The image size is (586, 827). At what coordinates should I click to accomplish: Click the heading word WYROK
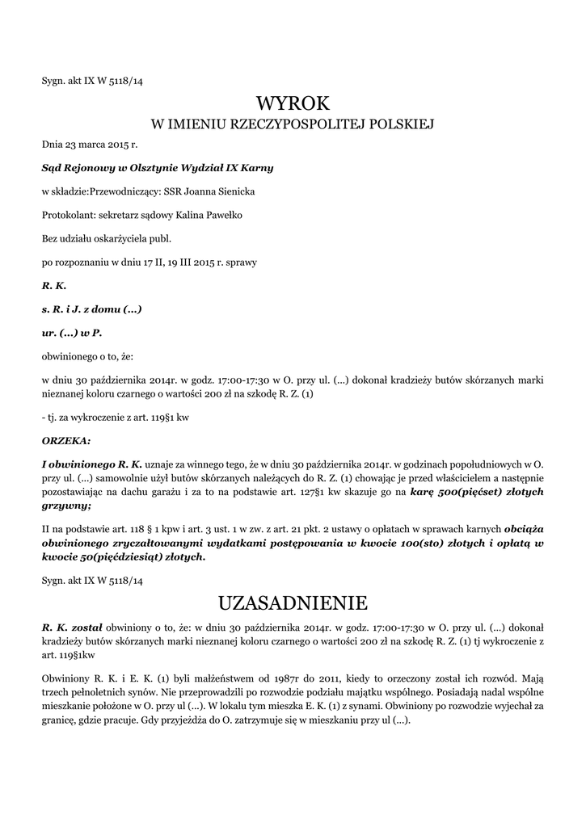pos(293,103)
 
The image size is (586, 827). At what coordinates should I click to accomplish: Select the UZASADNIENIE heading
pos(293,602)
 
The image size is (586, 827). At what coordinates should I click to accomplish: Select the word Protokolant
pos(67,215)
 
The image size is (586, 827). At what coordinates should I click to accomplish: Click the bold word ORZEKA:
pos(66,441)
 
